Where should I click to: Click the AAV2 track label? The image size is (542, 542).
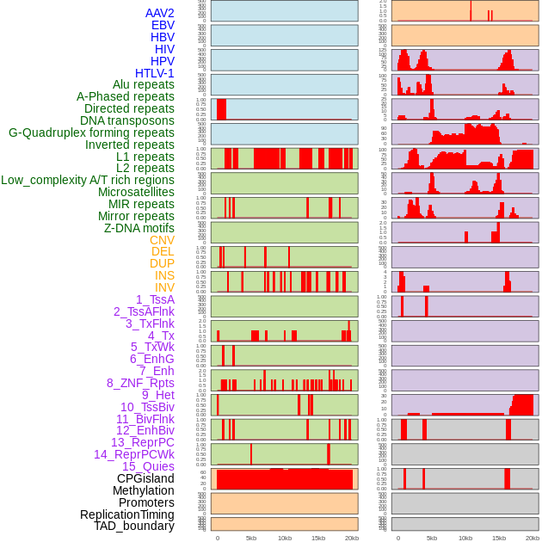[x=159, y=13]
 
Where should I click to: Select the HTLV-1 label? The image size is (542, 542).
[x=154, y=73]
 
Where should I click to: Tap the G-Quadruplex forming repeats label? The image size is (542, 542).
[x=91, y=132]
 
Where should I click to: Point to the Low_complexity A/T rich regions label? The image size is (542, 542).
[x=88, y=180]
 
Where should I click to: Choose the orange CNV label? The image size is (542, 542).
[x=162, y=240]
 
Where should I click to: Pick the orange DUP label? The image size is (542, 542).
[x=162, y=263]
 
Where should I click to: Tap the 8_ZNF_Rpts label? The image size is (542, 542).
[x=140, y=383]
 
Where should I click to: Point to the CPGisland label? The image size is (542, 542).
[x=145, y=478]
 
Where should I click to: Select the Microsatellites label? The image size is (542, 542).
[x=136, y=192]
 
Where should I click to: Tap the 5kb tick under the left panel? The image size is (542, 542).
[x=251, y=538]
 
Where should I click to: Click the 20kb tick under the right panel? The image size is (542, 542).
[x=533, y=538]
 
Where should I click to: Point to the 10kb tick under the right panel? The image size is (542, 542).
[x=465, y=538]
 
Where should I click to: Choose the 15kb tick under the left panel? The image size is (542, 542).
[x=318, y=538]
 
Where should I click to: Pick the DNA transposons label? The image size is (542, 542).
[x=127, y=120]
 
